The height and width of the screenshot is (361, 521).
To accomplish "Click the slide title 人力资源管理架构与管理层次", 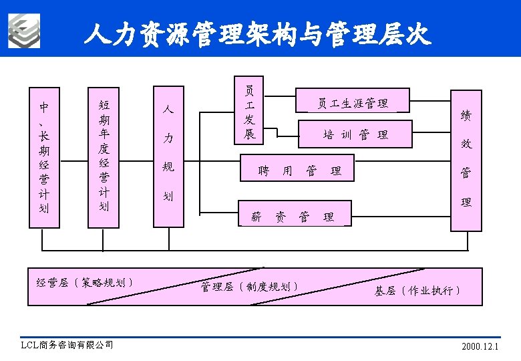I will point(257,33).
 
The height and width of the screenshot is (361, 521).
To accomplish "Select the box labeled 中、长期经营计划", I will point(43,157).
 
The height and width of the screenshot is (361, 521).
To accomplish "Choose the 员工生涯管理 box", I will point(352,102).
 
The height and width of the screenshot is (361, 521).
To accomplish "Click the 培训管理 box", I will point(355,134).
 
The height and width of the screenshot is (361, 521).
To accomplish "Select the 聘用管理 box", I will point(299,170).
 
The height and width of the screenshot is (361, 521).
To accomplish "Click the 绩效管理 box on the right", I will point(466,160).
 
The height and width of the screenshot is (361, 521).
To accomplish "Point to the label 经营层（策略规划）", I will point(85,282).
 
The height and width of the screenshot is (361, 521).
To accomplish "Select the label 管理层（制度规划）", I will point(249,287).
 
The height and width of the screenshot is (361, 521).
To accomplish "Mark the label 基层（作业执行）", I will point(417,290).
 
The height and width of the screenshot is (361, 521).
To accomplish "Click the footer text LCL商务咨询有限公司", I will point(67,345).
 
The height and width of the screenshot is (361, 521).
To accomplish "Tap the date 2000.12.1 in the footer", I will point(480,347).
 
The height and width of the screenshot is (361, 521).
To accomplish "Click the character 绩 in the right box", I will point(466,116).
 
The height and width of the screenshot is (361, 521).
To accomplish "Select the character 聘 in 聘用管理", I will point(264,171).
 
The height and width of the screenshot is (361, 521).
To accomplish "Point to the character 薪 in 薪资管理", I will point(256,217).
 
